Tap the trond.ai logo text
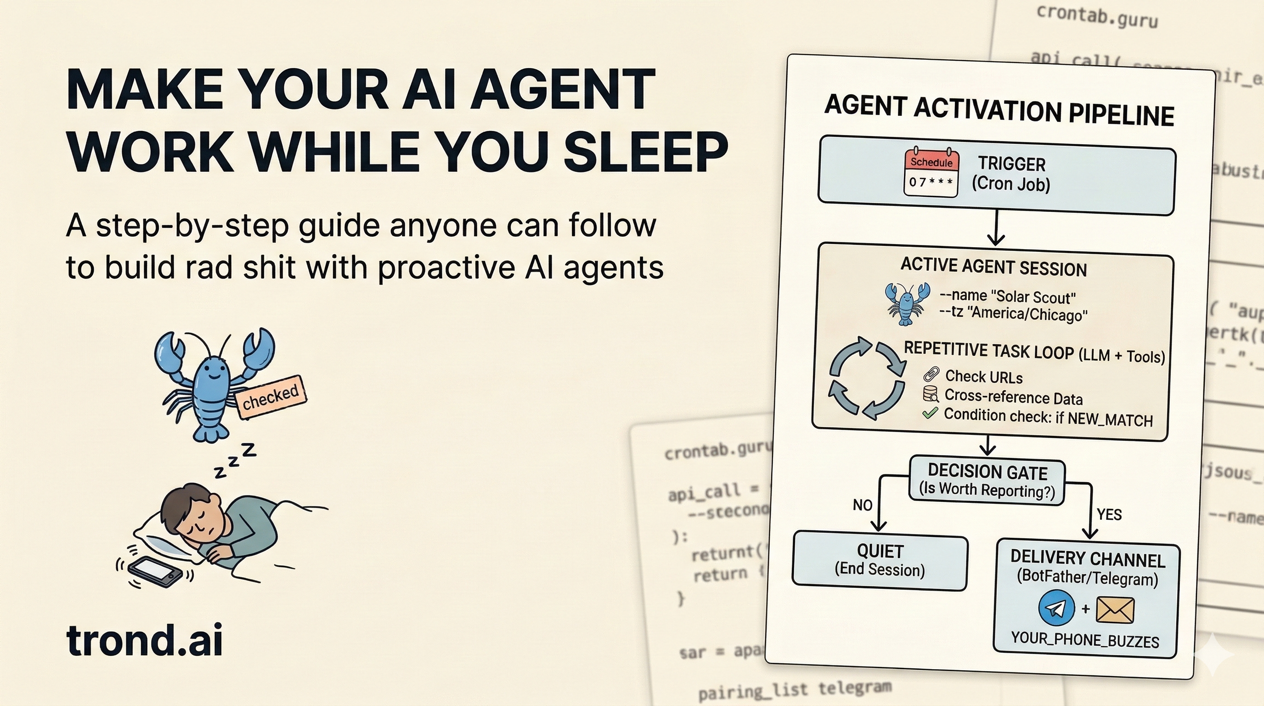(x=144, y=641)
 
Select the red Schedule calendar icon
(x=931, y=173)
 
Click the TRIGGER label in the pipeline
(x=1011, y=164)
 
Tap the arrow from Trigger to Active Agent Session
(x=996, y=229)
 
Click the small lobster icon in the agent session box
(x=907, y=303)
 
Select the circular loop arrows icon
(x=867, y=378)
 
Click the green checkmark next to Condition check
(x=930, y=413)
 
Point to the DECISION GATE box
(x=987, y=481)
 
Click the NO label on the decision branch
(x=862, y=505)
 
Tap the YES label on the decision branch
(x=1109, y=514)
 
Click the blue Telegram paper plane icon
(x=1056, y=609)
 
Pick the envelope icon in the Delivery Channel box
(x=1115, y=610)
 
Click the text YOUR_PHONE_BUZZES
(x=1085, y=639)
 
